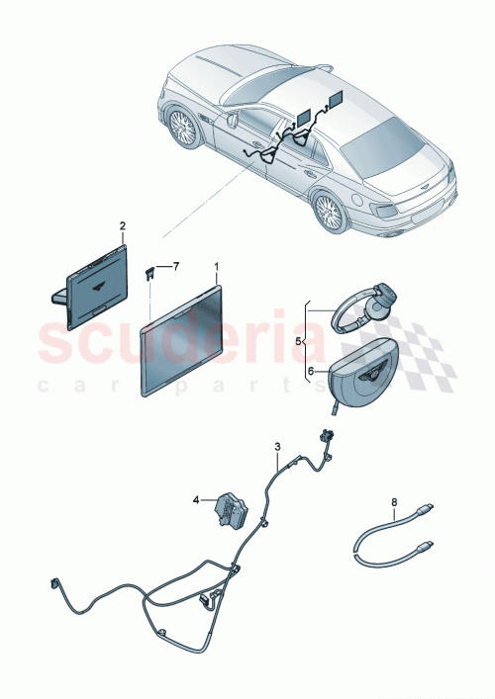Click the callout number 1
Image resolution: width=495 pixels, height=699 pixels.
[218, 267]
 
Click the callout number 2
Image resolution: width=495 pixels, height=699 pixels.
[123, 226]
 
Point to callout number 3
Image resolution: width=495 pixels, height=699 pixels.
[277, 448]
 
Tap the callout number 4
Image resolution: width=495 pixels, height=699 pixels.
[197, 499]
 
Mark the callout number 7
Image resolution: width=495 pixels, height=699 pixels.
[177, 267]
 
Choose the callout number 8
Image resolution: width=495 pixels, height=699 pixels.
[393, 502]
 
